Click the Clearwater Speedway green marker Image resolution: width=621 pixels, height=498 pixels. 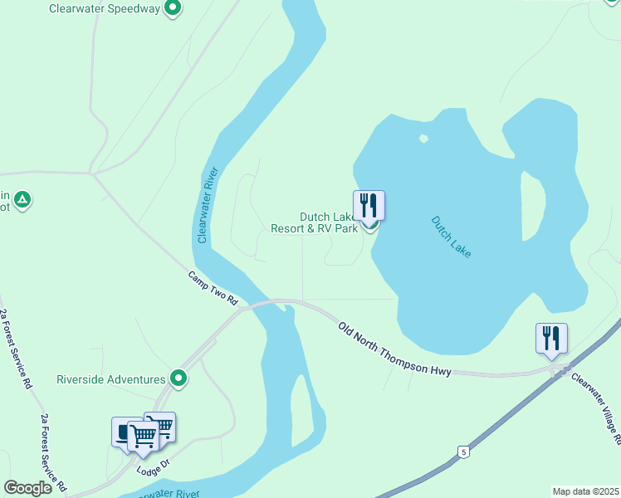tap(173, 9)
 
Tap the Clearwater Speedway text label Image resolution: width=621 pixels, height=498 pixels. tap(104, 9)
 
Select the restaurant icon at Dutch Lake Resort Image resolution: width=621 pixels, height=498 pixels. tap(369, 204)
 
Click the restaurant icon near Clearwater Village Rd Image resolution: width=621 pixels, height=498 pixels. tap(551, 338)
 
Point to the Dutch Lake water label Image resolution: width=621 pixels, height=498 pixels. tap(451, 237)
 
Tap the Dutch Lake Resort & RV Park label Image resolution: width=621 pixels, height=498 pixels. tap(315, 222)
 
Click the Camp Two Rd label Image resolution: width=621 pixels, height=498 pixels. tap(213, 288)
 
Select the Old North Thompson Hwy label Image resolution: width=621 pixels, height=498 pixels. tap(395, 349)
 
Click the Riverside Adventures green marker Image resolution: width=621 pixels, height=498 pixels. tap(178, 379)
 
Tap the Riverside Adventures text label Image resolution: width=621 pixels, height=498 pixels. tap(110, 380)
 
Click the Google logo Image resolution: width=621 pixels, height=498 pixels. tap(27, 488)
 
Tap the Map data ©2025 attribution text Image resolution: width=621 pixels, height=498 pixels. tap(584, 491)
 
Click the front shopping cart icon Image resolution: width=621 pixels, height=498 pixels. tap(143, 434)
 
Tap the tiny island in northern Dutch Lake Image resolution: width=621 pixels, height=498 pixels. tap(423, 139)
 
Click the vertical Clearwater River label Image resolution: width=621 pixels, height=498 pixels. tap(208, 205)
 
